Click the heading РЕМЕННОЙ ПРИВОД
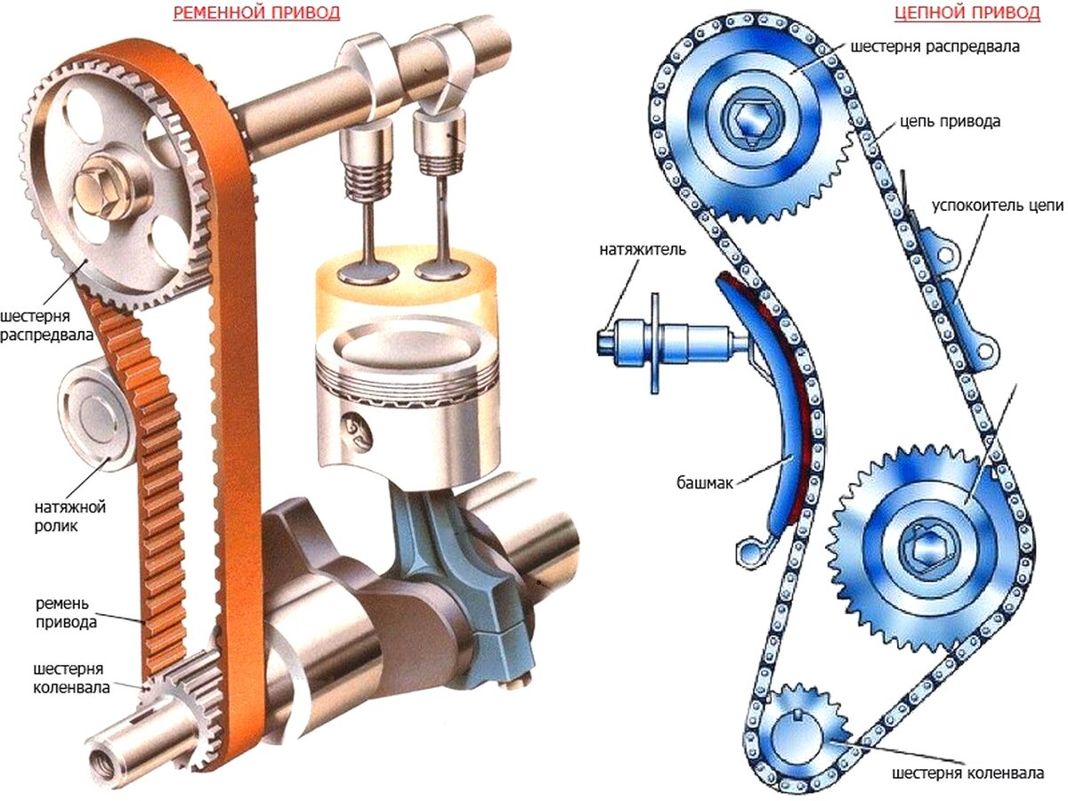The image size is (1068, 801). tap(256, 13)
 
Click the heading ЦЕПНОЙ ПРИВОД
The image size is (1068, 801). tap(967, 13)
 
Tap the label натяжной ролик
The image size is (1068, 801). tap(69, 516)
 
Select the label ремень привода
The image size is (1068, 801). tap(66, 613)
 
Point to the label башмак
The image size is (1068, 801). tap(705, 483)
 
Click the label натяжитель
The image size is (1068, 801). tap(643, 249)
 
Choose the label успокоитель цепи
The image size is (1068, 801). tap(998, 206)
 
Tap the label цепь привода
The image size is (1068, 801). tap(951, 121)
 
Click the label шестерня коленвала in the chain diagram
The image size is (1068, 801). tap(968, 773)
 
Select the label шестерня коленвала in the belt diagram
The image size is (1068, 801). tap(71, 678)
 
